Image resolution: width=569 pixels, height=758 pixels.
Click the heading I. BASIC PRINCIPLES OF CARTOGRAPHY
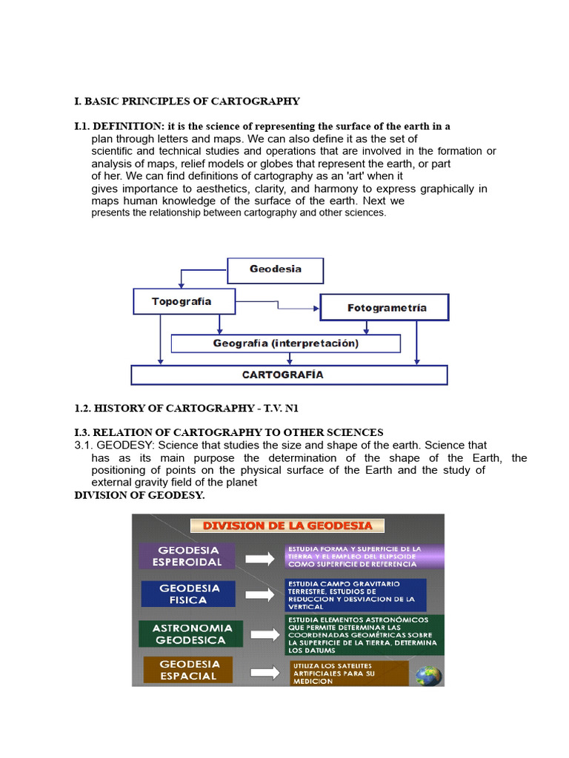[187, 101]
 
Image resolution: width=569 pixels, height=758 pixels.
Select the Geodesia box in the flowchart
[275, 270]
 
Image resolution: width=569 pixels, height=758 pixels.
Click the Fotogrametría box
[384, 307]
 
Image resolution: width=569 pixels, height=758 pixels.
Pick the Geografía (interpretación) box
[285, 343]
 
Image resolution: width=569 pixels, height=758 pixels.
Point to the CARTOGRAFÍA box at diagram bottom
[289, 375]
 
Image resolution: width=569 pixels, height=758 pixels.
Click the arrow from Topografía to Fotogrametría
[276, 304]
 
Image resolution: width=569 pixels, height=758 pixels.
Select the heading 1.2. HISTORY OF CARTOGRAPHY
[186, 408]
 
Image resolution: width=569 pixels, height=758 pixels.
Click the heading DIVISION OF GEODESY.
[139, 495]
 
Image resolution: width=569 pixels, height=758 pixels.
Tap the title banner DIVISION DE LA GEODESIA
[288, 526]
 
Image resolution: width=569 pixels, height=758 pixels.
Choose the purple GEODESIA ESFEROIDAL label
[187, 556]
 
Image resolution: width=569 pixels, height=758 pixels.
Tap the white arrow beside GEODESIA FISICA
[259, 594]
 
